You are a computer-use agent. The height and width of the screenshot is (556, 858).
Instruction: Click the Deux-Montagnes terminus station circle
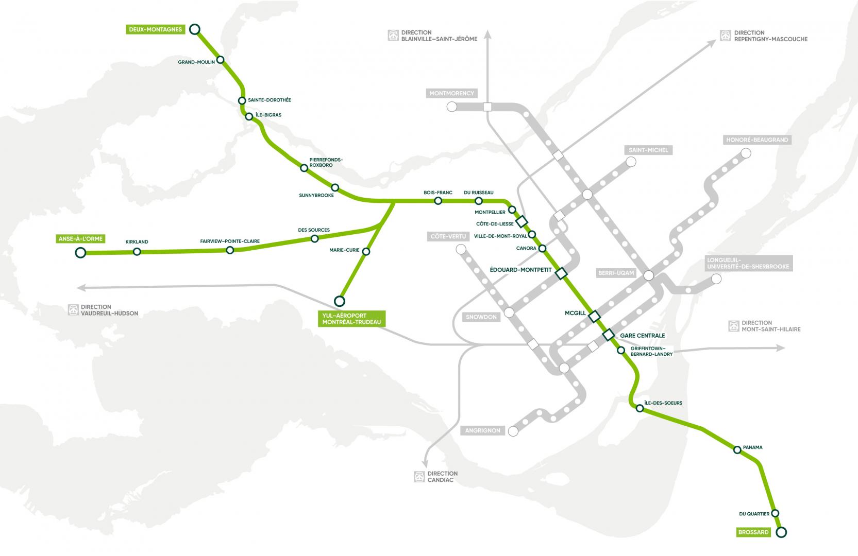[195, 29]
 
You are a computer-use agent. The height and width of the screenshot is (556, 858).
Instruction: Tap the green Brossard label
[753, 532]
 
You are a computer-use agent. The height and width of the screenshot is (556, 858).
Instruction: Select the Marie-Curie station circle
[366, 252]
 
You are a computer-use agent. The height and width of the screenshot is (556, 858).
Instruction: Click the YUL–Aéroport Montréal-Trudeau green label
[351, 319]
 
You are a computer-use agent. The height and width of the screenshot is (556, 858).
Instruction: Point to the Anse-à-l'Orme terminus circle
[80, 252]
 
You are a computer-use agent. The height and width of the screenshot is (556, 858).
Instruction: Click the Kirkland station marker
[137, 252]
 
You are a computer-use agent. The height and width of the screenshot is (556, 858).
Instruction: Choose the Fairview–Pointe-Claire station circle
[230, 250]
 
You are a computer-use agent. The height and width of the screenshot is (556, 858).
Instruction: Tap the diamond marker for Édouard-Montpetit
[561, 273]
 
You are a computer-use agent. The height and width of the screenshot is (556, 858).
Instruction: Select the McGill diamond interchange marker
[595, 316]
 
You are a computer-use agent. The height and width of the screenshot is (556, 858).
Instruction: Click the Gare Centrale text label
[642, 336]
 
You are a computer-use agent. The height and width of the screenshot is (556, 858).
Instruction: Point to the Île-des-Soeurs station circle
[640, 409]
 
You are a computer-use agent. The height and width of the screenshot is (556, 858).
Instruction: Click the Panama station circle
[737, 450]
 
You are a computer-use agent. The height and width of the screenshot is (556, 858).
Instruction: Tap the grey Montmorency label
[452, 94]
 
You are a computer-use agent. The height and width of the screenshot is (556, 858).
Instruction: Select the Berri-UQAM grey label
[616, 273]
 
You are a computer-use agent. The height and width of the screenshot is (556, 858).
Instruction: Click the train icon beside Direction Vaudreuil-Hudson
[74, 310]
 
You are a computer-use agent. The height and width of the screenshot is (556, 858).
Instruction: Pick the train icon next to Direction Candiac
[419, 477]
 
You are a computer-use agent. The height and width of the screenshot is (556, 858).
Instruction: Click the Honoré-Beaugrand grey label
[757, 140]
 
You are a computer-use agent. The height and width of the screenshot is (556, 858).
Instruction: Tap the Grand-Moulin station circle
[221, 60]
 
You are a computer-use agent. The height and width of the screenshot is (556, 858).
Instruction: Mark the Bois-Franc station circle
[438, 201]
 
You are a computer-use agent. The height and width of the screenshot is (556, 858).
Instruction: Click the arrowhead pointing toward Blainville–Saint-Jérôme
[488, 36]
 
